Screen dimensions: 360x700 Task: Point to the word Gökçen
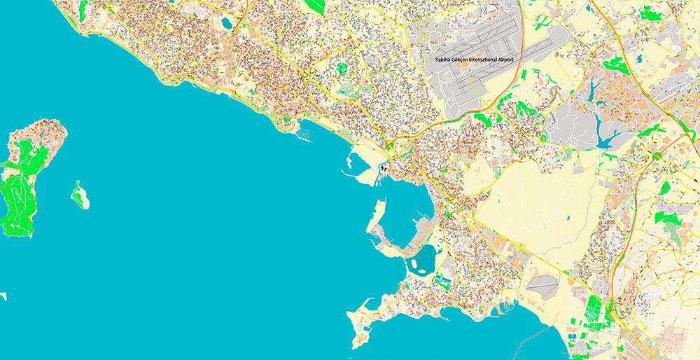click(460, 60)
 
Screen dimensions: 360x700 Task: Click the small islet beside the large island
click(80, 195)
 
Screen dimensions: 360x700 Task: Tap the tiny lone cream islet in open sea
click(3, 296)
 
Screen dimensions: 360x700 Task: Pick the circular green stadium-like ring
click(342, 68)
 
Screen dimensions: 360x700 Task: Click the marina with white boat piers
click(305, 132)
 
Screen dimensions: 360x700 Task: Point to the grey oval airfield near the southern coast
click(542, 284)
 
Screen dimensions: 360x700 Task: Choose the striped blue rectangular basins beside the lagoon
click(442, 281)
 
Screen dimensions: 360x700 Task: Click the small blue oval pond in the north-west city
click(226, 23)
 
